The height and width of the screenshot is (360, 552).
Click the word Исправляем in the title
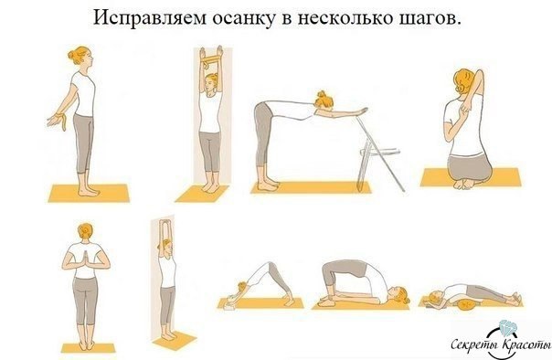[x=149, y=18]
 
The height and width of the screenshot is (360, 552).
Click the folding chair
[x=378, y=154]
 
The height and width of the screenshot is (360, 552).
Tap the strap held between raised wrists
[x=210, y=59]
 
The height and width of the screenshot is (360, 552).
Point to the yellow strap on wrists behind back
[x=63, y=121]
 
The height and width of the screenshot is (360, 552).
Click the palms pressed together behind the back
[x=86, y=259]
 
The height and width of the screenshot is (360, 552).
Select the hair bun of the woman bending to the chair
[x=322, y=94]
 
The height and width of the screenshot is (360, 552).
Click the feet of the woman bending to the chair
[x=268, y=184]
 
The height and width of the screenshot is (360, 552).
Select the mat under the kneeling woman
[x=471, y=177]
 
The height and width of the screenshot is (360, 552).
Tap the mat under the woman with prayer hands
[x=88, y=348]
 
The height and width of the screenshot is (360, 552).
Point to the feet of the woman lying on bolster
[x=515, y=299]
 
